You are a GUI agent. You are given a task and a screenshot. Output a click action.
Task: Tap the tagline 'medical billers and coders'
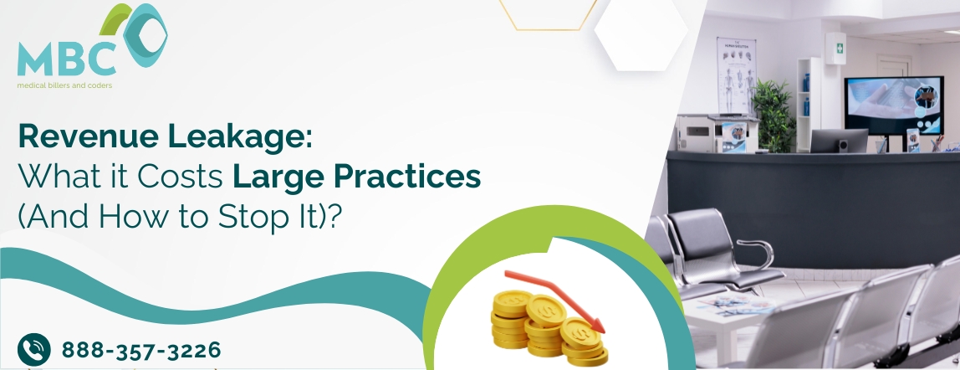[x=65, y=85]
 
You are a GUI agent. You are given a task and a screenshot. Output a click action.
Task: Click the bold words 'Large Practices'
[x=357, y=177]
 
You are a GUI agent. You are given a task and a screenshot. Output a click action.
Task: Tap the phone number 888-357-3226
[x=140, y=349]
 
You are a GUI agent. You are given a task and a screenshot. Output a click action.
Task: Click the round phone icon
[x=33, y=348]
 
